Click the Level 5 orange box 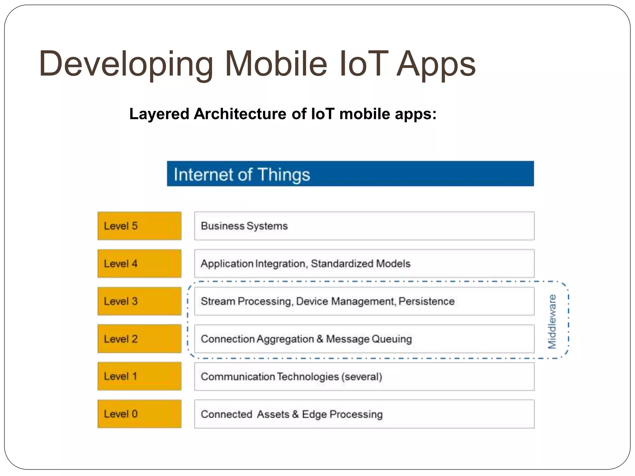point(139,226)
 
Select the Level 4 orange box point(139,263)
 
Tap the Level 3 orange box point(139,301)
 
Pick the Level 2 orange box point(139,339)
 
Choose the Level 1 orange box point(139,376)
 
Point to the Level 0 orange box point(139,414)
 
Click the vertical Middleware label point(552,321)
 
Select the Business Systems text point(244,226)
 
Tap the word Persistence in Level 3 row point(427,301)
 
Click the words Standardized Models point(361,263)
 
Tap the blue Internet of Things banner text point(242,174)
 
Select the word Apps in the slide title point(436,64)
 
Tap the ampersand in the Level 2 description point(320,339)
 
